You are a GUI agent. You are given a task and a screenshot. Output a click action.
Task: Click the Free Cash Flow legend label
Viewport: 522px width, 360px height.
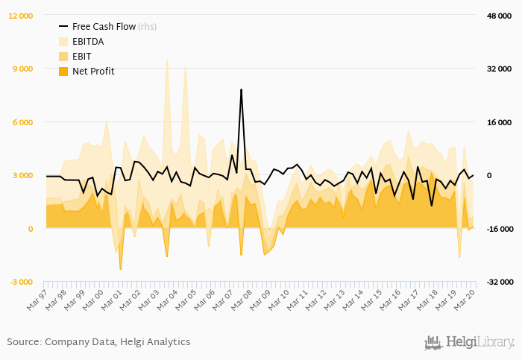104,26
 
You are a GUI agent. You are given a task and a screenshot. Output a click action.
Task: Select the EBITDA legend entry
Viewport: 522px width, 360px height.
88,41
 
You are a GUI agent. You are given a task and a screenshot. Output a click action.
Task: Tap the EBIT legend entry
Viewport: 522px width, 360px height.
82,56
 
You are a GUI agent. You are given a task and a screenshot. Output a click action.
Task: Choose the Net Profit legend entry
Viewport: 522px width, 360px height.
93,71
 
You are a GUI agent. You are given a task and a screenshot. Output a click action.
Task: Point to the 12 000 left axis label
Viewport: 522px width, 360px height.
20,16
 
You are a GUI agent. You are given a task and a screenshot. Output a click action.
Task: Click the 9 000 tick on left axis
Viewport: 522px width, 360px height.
23,69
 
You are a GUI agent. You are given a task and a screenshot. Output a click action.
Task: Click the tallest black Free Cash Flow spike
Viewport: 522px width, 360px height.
241,90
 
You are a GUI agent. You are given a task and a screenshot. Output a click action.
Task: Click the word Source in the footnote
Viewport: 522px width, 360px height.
23,341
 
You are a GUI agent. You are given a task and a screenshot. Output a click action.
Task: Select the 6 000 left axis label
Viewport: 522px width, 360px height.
23,122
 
